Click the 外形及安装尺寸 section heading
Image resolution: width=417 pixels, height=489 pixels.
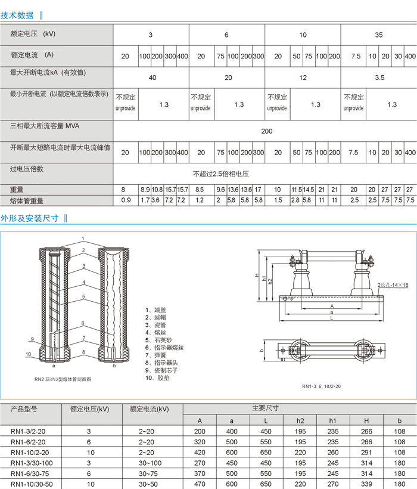click(x=30, y=218)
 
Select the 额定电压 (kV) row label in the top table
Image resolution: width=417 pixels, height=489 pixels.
click(x=33, y=34)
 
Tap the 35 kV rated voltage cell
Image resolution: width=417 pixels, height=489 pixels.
click(x=379, y=35)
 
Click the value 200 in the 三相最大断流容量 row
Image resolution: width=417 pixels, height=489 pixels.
click(x=267, y=131)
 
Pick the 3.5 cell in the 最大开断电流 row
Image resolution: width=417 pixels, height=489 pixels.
click(x=379, y=78)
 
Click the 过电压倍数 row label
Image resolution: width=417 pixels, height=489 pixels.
click(x=27, y=169)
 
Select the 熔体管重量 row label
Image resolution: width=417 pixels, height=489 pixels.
click(x=27, y=201)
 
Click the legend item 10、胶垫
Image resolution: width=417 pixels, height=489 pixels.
click(x=158, y=377)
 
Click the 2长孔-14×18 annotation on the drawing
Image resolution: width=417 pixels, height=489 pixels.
click(x=393, y=285)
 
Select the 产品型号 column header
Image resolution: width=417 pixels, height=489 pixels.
click(x=24, y=409)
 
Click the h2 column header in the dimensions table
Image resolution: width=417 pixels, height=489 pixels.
click(x=300, y=420)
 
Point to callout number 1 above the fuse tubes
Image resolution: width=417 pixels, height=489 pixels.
click(x=83, y=239)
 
